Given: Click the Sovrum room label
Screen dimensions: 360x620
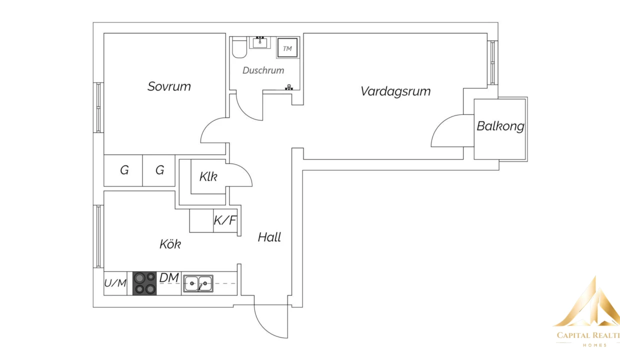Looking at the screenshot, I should pos(169,86).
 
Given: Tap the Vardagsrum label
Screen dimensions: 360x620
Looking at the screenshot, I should pos(395,91).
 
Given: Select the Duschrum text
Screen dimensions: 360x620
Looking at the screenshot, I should pos(263,70).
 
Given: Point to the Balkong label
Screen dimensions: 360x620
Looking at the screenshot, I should pos(500,126).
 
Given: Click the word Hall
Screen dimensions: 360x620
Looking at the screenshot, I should pos(269,237).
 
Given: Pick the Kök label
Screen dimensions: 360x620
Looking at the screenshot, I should pos(170,244).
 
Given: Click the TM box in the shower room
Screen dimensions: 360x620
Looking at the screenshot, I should pos(287,48).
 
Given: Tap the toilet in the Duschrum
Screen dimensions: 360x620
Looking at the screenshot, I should pos(238,48).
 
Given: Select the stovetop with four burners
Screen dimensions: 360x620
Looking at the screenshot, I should pos(144,283).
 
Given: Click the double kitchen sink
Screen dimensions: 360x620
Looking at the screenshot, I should pos(197,283).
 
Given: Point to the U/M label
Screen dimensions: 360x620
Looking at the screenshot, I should pos(115,283).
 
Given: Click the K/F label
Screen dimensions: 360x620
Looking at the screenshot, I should pos(224,220).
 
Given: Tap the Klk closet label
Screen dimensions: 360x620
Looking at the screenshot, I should pos(208,176).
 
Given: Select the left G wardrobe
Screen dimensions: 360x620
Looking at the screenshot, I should pos(123,170).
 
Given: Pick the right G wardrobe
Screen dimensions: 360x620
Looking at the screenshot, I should pos(159,170).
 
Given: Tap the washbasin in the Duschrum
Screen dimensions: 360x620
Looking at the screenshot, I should pos(260,42).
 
